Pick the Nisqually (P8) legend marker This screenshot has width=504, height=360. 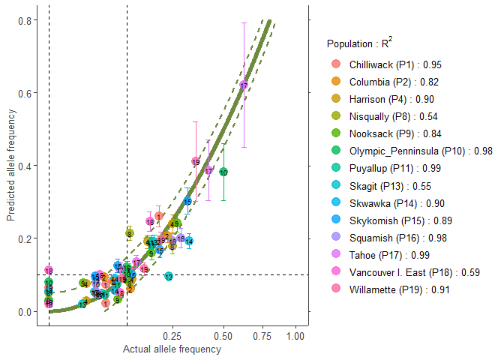(x=335, y=116)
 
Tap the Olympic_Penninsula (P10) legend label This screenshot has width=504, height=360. (x=409, y=151)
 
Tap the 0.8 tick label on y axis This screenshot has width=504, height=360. (x=25, y=21)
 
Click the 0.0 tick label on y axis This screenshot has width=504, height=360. (x=25, y=312)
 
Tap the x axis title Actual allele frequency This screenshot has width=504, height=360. (x=172, y=349)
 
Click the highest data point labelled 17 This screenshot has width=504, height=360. (x=244, y=85)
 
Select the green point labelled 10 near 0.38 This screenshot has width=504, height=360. (x=223, y=172)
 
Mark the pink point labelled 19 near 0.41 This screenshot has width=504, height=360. (x=196, y=161)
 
